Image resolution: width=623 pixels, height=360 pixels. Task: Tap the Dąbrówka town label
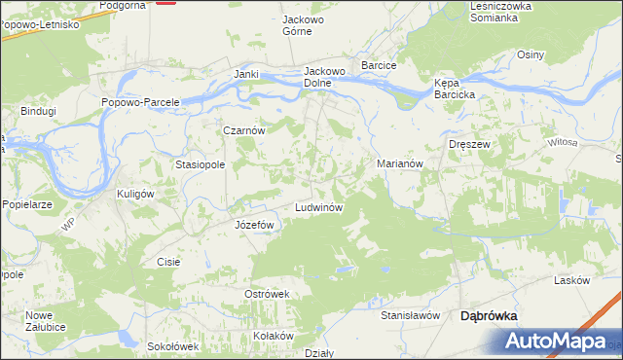click(488, 315)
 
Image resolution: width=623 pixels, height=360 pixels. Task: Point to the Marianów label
click(399, 164)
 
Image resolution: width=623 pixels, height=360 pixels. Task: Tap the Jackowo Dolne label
click(325, 77)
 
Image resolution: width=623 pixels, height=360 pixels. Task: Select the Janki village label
click(245, 74)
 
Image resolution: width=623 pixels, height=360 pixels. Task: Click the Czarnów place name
click(244, 129)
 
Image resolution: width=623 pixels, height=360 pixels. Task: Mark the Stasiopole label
click(200, 164)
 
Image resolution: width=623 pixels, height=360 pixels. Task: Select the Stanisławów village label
click(411, 315)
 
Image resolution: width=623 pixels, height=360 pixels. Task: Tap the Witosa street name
click(563, 143)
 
